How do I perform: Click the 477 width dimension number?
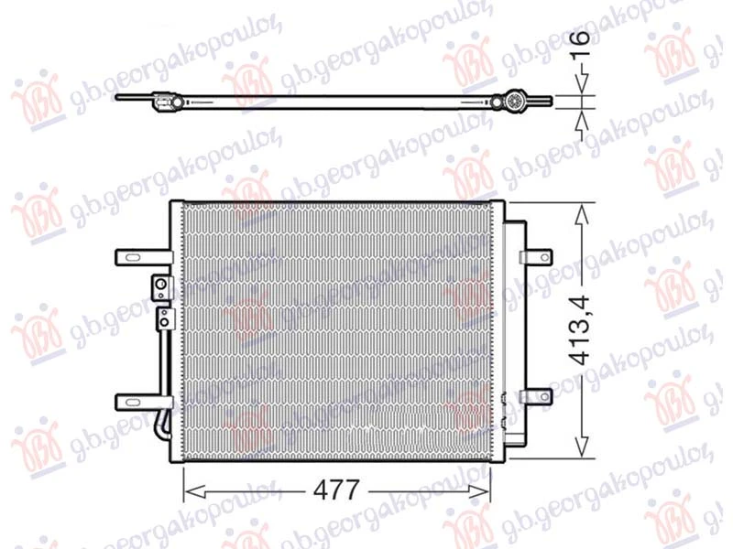(335, 490)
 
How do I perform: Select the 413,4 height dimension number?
(581, 330)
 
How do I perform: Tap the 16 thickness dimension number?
(581, 43)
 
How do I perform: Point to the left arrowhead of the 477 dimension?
(194, 491)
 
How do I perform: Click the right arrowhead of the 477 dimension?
(478, 491)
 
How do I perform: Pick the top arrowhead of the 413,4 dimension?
(582, 214)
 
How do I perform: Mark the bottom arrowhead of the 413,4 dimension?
(582, 447)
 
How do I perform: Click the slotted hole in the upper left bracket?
(132, 258)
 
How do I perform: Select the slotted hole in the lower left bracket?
(132, 402)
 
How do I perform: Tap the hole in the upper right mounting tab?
(544, 257)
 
